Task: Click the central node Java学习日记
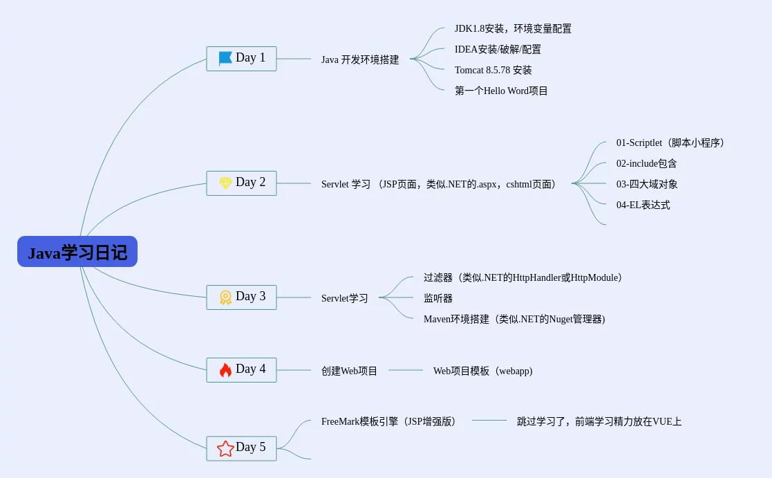[x=77, y=252]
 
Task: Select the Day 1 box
[x=241, y=58]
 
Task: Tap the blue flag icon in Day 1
[x=225, y=58]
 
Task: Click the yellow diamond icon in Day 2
[x=225, y=183]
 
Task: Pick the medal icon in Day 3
[x=225, y=297]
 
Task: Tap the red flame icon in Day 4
[x=225, y=370]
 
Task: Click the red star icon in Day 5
[x=225, y=448]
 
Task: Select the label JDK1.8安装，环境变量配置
[x=513, y=29]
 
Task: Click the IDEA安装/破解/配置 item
[x=498, y=50]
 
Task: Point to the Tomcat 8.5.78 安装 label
[x=493, y=71]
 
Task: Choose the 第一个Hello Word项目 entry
[x=501, y=91]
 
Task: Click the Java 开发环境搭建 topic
[x=360, y=59]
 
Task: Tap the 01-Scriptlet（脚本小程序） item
[x=670, y=143]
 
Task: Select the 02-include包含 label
[x=646, y=164]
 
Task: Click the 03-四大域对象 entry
[x=647, y=185]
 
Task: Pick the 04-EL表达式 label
[x=643, y=205]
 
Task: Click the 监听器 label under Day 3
[x=438, y=299]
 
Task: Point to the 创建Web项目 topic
[x=349, y=371]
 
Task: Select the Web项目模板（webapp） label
[x=482, y=371]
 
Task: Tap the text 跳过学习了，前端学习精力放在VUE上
[x=599, y=421]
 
